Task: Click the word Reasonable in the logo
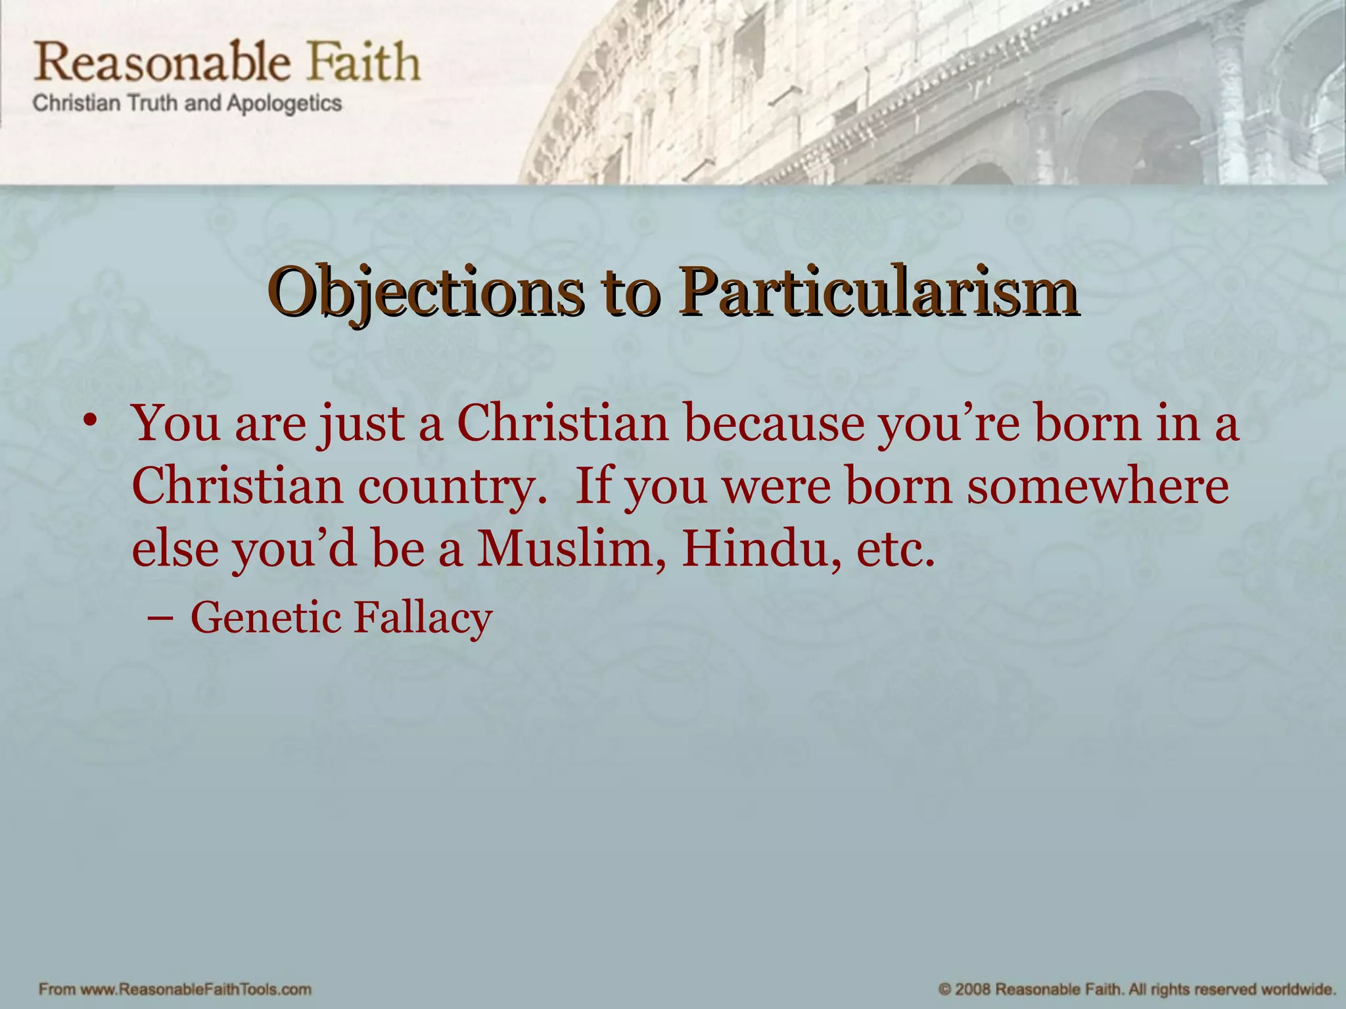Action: click(x=162, y=62)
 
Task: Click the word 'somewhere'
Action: click(x=1098, y=487)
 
